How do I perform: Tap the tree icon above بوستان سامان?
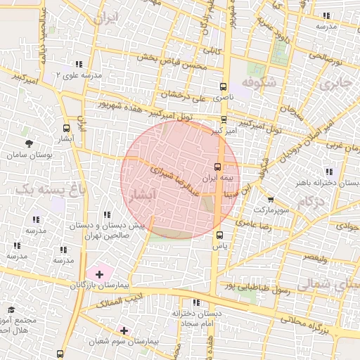point(28,143)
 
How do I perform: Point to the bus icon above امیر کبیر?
point(224,120)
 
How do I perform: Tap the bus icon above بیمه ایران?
point(217,167)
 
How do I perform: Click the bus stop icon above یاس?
point(219,235)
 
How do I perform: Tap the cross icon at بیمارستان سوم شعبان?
point(124,330)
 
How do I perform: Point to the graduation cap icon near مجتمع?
point(11,309)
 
